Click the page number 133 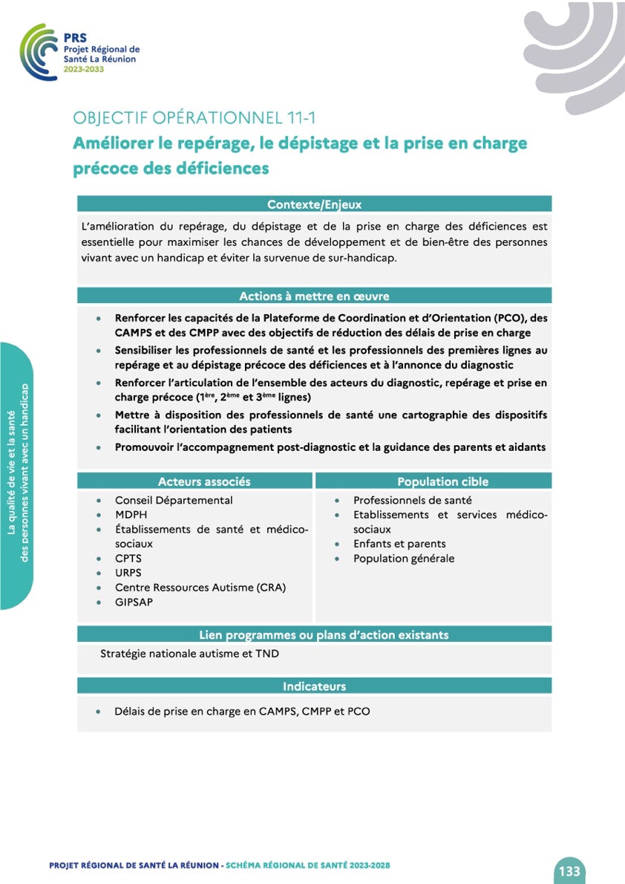tap(569, 871)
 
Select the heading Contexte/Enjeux tap(314, 204)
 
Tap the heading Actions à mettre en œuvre tap(314, 296)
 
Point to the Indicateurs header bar tap(314, 686)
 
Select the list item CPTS tap(128, 558)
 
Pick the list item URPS tap(128, 573)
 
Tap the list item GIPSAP tap(134, 602)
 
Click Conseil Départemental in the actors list tap(174, 500)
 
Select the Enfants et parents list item tap(399, 544)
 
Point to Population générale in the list tap(404, 558)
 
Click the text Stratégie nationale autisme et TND tap(189, 654)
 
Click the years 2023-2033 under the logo tap(84, 68)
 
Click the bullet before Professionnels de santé tap(338, 501)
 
